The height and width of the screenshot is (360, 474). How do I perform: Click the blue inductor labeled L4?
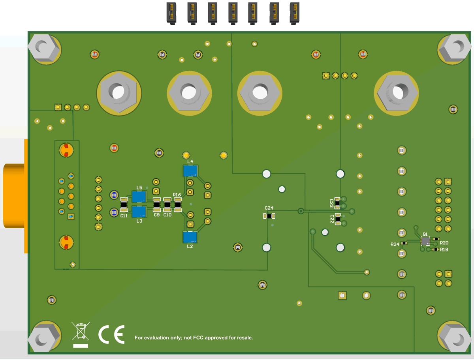pos(190,171)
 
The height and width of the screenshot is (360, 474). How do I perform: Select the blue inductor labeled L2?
pos(190,237)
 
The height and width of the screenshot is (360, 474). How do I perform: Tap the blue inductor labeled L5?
pos(139,197)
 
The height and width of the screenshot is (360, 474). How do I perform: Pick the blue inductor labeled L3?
pos(139,212)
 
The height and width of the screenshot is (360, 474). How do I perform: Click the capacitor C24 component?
pos(269,216)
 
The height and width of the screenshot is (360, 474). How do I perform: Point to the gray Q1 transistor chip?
pos(425,240)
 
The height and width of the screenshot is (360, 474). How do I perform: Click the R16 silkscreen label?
pos(177,195)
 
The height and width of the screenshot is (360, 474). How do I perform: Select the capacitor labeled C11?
pos(124,205)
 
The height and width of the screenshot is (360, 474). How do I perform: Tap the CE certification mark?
pos(111,334)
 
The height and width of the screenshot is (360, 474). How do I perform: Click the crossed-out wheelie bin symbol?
pos(81,331)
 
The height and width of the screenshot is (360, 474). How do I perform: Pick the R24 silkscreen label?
pos(395,245)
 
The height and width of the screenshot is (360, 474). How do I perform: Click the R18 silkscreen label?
pos(444,250)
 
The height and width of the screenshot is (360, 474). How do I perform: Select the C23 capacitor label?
pos(332,203)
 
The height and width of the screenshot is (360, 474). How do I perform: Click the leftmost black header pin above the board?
pos(171,13)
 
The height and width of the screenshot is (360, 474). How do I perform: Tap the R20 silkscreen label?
pos(444,243)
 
